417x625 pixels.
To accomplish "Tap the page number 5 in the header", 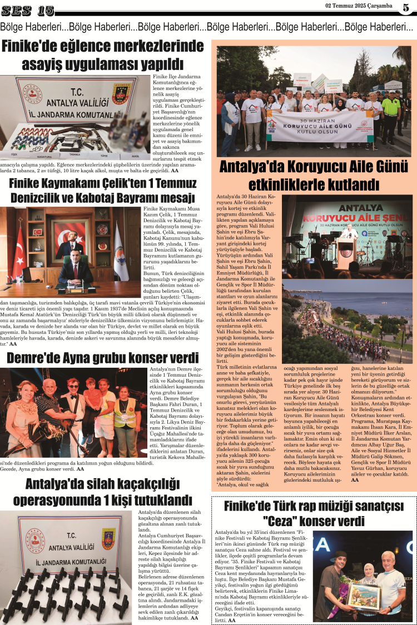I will tap(405, 7).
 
